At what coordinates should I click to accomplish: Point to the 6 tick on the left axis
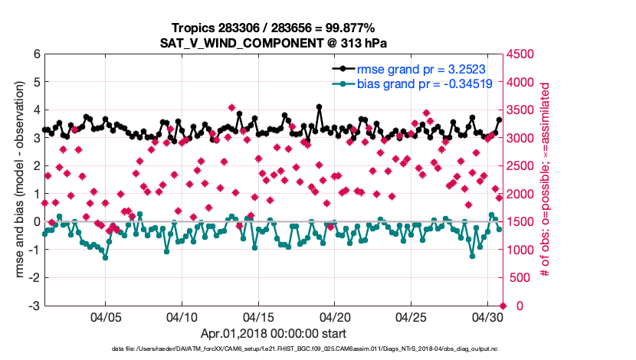pos(35,54)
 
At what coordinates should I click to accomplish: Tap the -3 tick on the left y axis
pos(33,306)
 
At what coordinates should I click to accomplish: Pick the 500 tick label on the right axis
pos(520,278)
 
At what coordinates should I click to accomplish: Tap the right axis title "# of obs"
pos(546,180)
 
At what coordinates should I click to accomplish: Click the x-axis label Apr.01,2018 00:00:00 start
pos(274,333)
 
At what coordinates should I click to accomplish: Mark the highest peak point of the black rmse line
pos(319,107)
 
